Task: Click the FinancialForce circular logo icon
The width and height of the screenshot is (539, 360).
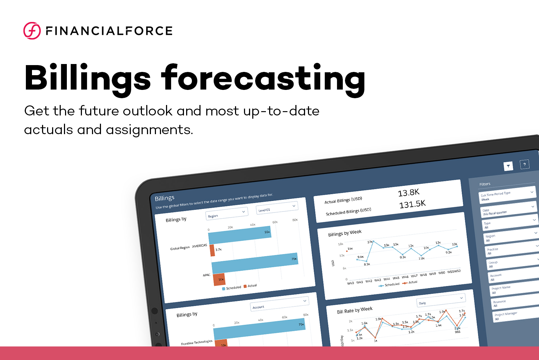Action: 32,31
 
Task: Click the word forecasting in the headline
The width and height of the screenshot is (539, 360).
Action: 263,78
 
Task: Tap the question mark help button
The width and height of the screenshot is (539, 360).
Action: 524,164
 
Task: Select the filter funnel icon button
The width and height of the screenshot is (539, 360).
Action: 508,166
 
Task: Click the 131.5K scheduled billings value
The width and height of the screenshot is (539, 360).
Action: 412,204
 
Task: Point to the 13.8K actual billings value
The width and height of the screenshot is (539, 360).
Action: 409,193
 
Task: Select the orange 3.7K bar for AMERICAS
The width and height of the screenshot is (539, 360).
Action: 212,250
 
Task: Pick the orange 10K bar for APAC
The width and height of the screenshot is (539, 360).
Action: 219,279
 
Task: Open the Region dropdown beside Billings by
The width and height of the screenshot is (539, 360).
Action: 226,214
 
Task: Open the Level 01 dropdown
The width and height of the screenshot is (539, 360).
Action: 277,208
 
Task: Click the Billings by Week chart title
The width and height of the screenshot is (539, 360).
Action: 345,233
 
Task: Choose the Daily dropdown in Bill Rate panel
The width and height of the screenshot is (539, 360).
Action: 441,300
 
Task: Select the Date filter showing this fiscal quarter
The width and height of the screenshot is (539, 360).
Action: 508,210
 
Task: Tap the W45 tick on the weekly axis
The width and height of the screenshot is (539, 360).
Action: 396,278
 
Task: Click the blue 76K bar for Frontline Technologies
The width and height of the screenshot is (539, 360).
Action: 259,328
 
